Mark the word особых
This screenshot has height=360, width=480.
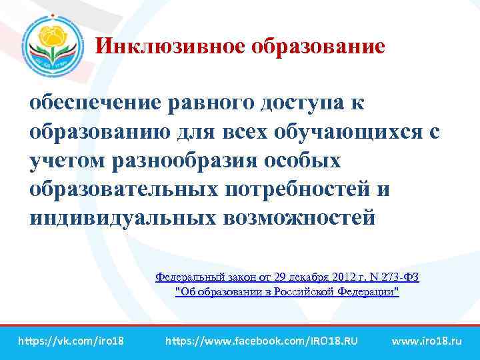pos(307,161)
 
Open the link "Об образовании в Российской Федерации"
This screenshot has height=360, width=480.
pos(287,292)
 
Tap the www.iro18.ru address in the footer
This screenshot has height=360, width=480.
pos(426,341)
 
